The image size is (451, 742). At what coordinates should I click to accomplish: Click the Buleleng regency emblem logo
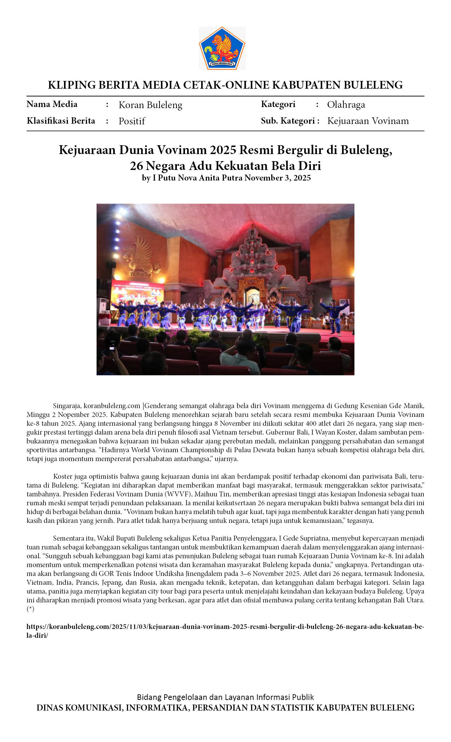coord(222,48)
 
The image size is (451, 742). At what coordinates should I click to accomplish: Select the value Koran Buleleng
coord(150,105)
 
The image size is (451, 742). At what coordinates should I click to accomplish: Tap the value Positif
coord(132,121)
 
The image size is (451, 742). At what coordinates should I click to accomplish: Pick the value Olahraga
coord(346,105)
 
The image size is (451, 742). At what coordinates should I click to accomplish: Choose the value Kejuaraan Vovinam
coord(368,121)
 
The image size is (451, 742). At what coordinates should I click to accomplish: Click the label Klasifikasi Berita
coord(61,121)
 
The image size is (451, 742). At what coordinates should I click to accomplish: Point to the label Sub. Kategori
coord(289,121)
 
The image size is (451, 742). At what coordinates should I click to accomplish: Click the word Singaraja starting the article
coord(67,406)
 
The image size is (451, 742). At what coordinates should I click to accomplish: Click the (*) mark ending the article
coord(30,609)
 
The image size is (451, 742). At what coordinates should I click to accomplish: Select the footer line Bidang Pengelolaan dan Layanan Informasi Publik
coord(225,697)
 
